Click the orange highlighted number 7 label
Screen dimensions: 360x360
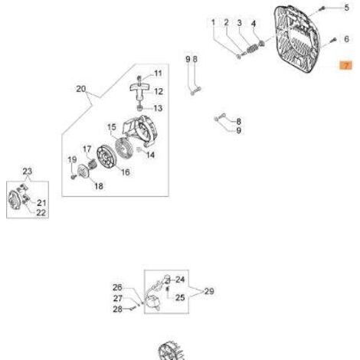point(346,66)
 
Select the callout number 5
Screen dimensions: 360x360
point(346,8)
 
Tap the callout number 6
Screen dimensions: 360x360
point(346,39)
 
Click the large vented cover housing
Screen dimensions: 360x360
point(297,39)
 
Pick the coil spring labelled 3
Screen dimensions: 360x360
point(253,48)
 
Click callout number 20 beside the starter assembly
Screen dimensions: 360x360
point(81,89)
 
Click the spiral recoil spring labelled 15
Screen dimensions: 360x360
point(124,149)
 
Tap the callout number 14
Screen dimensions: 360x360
point(150,155)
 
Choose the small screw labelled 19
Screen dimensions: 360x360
point(73,176)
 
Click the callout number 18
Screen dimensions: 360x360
point(99,186)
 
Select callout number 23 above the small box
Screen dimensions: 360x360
point(28,171)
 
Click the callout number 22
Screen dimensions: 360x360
point(41,212)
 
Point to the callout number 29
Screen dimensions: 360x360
point(209,291)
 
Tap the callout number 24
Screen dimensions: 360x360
point(180,280)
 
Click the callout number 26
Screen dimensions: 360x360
point(117,287)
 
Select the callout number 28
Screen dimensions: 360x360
point(117,309)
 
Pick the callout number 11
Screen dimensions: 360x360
point(158,74)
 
